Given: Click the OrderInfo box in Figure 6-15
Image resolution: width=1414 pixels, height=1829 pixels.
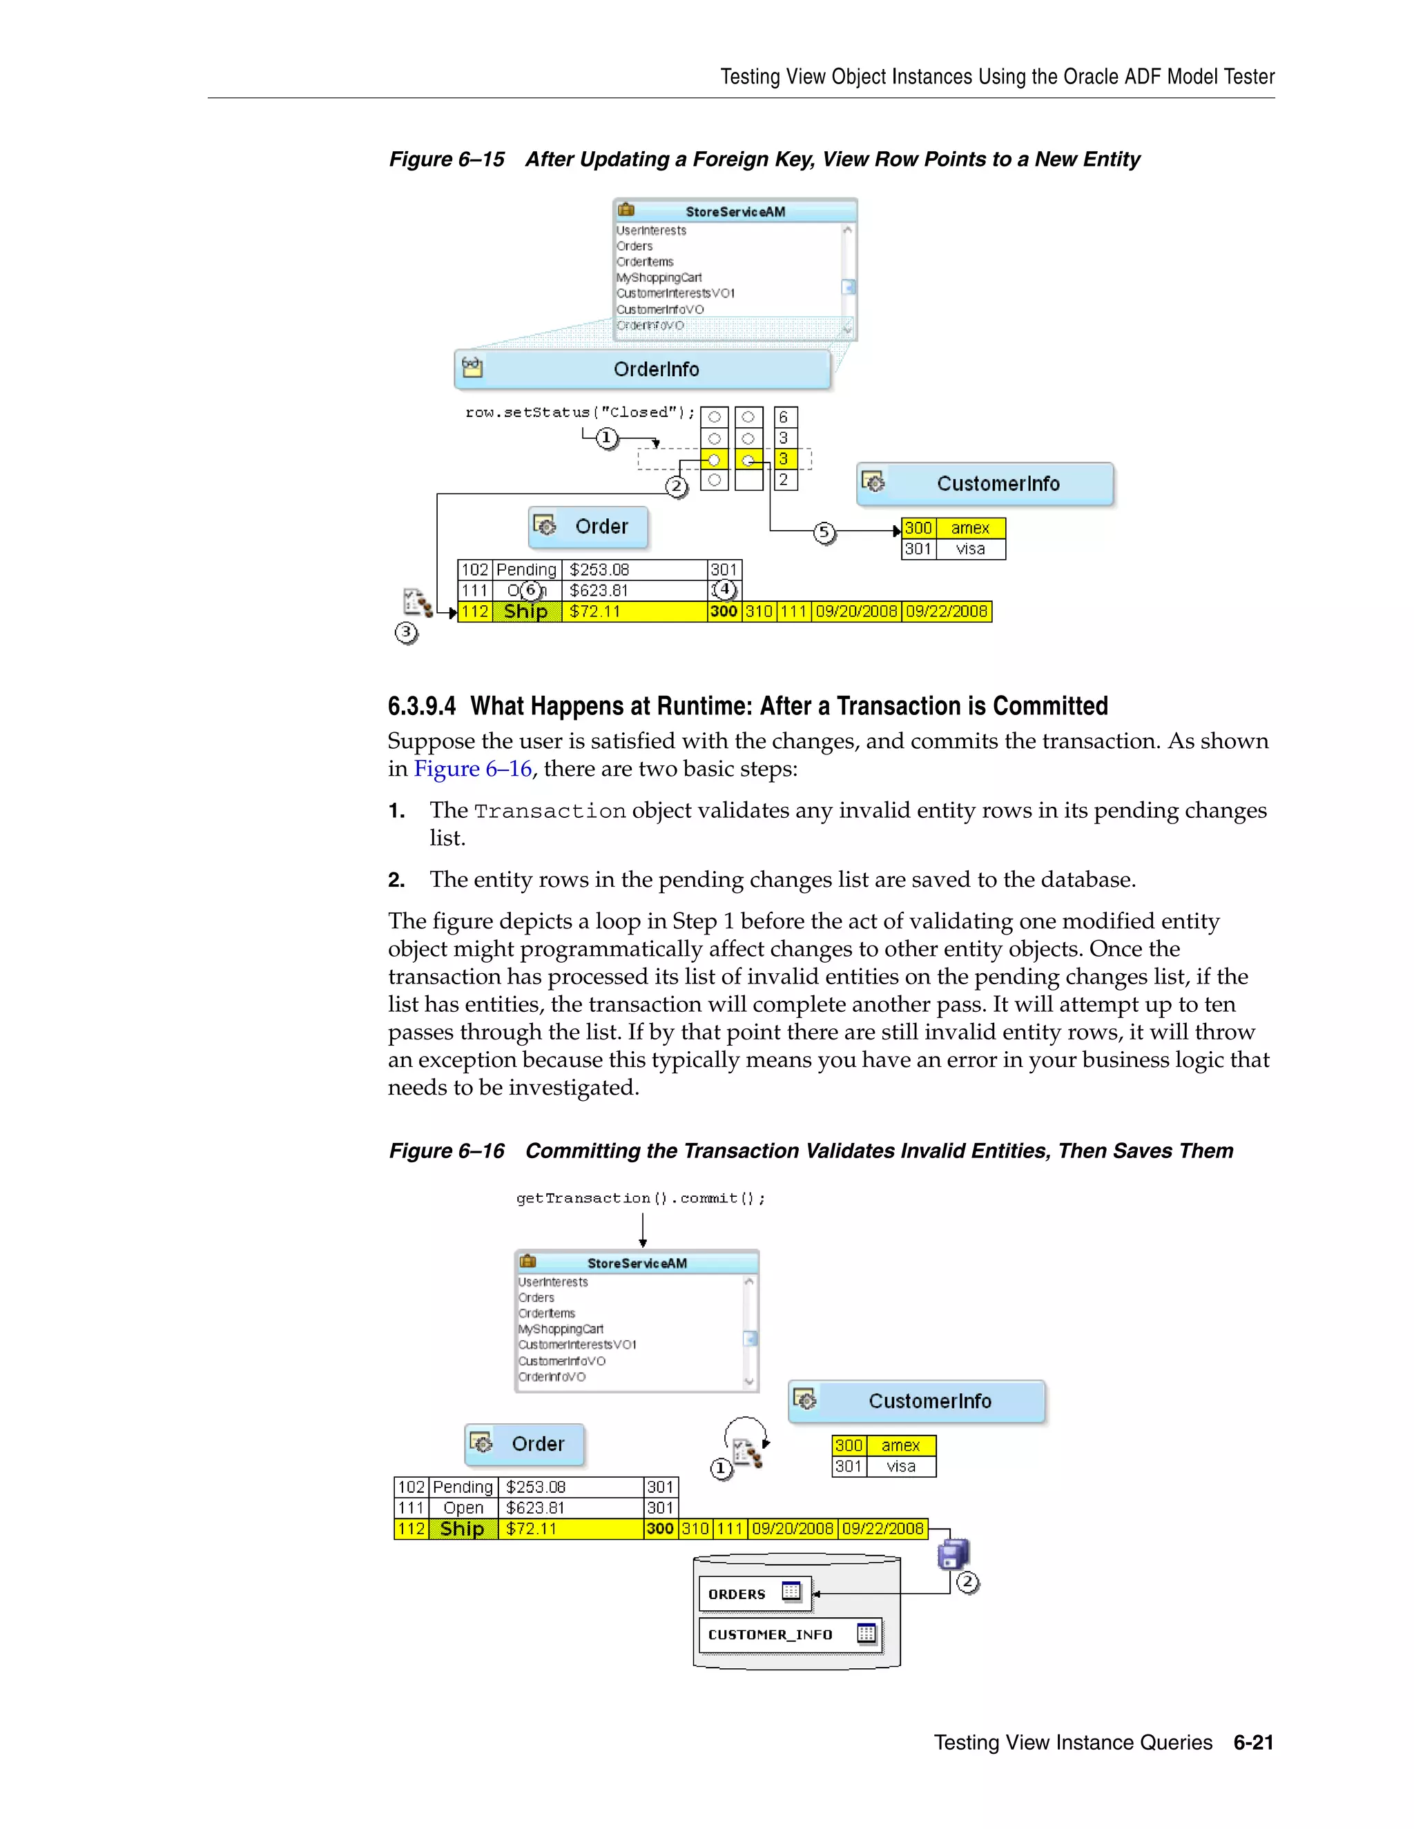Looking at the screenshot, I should click(643, 369).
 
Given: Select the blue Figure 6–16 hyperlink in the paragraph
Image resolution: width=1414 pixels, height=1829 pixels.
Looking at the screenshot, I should click(472, 769).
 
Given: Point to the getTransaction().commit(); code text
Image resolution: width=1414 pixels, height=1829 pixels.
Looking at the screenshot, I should click(641, 1198).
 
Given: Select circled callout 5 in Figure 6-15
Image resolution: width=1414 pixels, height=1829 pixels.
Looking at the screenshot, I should click(824, 533).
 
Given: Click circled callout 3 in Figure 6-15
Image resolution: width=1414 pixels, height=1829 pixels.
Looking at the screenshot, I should click(406, 632).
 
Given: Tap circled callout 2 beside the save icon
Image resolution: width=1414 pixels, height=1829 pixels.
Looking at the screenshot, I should click(967, 1582).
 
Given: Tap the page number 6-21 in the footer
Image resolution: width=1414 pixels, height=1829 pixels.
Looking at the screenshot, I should click(1253, 1743).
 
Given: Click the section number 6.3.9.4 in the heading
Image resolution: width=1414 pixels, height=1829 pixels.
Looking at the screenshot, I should click(421, 706).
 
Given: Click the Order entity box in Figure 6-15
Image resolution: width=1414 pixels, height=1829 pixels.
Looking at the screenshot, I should click(589, 527).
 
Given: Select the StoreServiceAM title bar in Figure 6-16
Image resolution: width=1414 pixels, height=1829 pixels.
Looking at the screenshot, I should click(637, 1263).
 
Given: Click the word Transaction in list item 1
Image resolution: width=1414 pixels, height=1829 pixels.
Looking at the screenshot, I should click(550, 811).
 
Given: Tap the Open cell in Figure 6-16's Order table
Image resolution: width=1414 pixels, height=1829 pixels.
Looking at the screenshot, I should click(463, 1507).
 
